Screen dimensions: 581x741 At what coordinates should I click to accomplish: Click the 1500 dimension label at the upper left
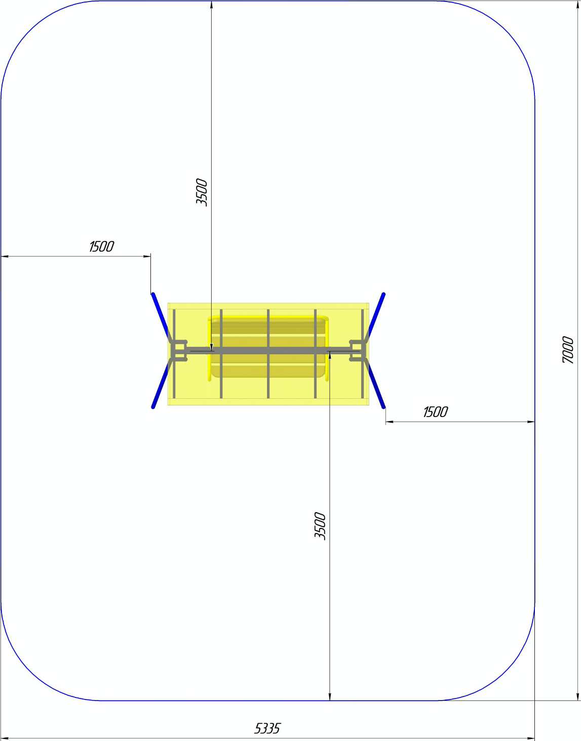[101, 246]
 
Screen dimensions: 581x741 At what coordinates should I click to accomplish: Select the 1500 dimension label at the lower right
[435, 413]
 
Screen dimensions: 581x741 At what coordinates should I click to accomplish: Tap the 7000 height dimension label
[568, 350]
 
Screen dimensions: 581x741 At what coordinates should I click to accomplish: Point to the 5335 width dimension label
[267, 719]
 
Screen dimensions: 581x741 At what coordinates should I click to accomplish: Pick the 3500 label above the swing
[202, 192]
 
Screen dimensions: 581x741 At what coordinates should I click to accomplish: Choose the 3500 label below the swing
[320, 526]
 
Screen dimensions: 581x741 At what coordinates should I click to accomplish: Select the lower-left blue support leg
[161, 385]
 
